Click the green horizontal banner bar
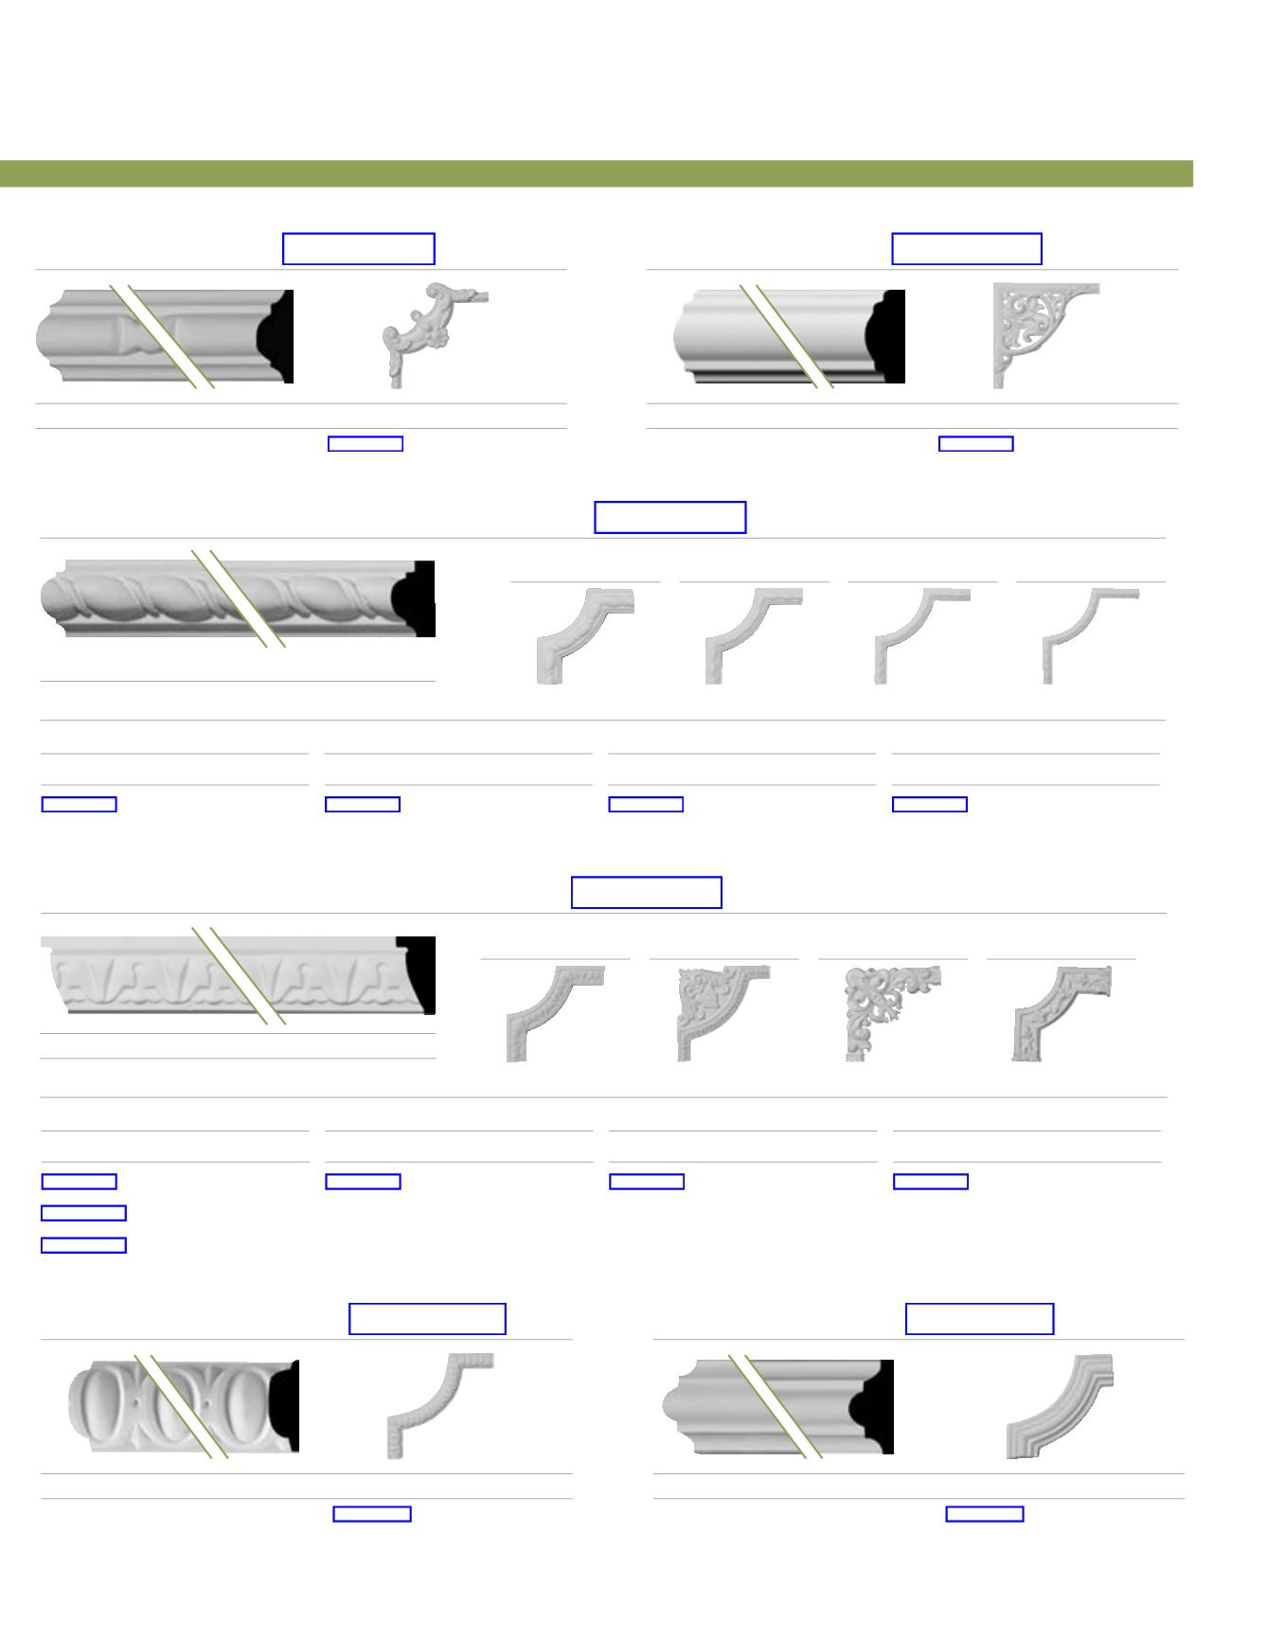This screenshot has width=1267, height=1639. (597, 174)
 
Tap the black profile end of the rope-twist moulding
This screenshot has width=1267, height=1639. (419, 599)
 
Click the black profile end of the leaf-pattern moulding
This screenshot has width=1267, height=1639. (419, 975)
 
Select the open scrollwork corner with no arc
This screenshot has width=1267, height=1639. (890, 1011)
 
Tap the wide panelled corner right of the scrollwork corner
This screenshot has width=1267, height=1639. (1059, 1011)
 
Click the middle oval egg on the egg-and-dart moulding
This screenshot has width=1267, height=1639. (172, 1406)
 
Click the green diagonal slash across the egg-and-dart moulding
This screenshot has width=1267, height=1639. (180, 1406)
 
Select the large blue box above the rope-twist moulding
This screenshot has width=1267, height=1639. (669, 518)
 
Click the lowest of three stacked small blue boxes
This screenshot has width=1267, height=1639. (83, 1245)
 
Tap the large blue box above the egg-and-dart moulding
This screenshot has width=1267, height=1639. (427, 1319)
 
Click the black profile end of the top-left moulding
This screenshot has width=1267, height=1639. (278, 336)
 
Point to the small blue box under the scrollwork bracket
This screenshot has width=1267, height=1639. (975, 443)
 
